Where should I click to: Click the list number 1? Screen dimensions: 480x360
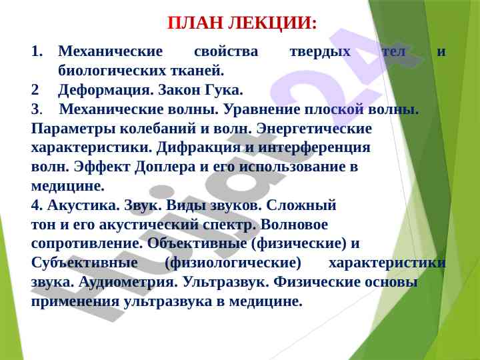(37, 51)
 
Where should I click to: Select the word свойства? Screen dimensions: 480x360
(226, 51)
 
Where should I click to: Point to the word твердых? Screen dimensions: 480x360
(320, 52)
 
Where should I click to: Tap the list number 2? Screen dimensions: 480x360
(35, 90)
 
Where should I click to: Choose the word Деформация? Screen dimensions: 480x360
(105, 90)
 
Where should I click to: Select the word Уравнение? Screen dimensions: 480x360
(262, 109)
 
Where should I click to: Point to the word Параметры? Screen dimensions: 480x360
(73, 129)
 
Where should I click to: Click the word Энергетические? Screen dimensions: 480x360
(314, 129)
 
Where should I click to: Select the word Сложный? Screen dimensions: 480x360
(301, 205)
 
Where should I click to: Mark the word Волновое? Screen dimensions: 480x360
(294, 225)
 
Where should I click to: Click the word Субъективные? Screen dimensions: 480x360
(85, 263)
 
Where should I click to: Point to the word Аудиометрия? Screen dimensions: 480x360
(128, 282)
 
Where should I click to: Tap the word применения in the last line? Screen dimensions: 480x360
(75, 301)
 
